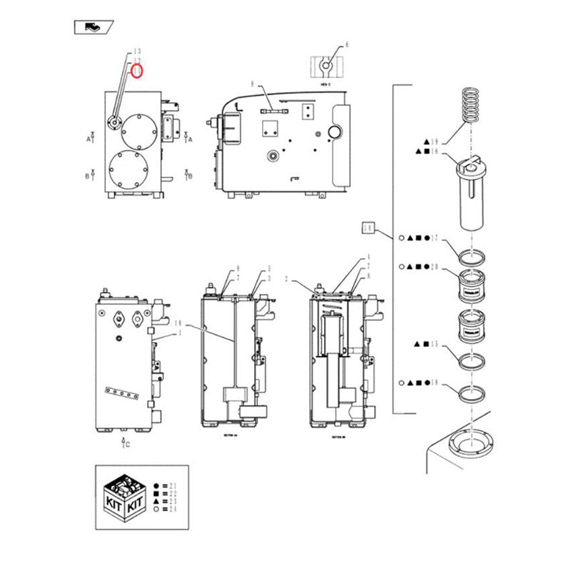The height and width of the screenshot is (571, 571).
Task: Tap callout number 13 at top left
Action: click(136, 51)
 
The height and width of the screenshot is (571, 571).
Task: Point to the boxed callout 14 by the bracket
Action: click(368, 228)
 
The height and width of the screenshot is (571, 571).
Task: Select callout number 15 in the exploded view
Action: click(433, 344)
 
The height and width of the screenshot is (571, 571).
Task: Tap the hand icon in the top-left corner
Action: click(92, 27)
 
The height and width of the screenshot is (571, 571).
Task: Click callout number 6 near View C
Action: click(347, 45)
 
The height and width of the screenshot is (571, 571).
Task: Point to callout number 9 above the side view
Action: click(252, 84)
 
